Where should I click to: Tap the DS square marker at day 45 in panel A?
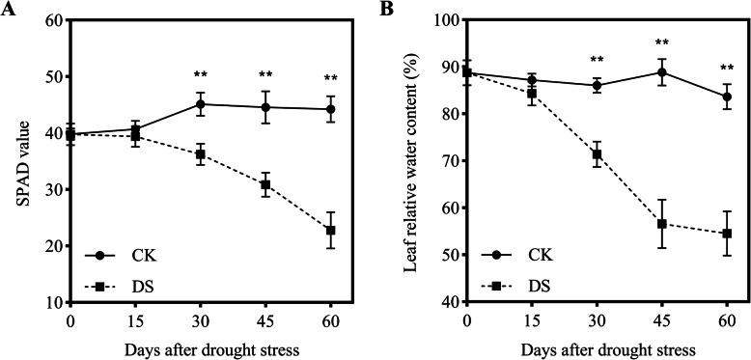click(265, 184)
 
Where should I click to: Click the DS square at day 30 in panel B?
click(597, 154)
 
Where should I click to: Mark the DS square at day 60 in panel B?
click(727, 234)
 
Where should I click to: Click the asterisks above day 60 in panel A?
click(330, 77)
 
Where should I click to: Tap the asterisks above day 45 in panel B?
click(662, 43)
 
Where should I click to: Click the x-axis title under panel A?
click(201, 346)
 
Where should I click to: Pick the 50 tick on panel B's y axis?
click(449, 255)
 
